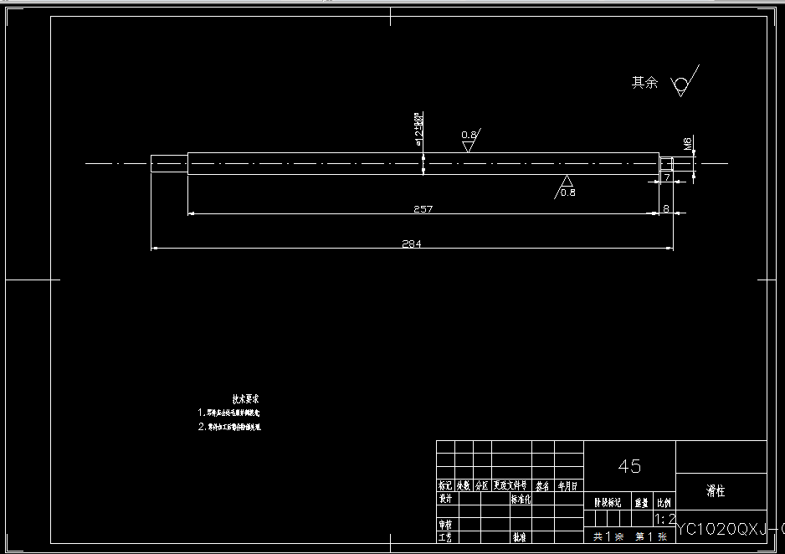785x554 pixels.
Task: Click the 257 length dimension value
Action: click(x=423, y=209)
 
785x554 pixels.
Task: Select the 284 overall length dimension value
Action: click(x=412, y=244)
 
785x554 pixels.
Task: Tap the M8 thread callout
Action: click(x=688, y=144)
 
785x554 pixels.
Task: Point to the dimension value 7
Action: click(x=667, y=178)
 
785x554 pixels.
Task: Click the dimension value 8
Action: click(x=666, y=208)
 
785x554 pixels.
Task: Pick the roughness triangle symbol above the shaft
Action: click(x=469, y=144)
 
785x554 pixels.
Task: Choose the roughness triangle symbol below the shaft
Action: click(x=567, y=182)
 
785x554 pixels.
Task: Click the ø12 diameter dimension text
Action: click(x=419, y=128)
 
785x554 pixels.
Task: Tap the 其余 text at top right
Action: click(x=644, y=83)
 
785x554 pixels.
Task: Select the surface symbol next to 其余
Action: click(x=681, y=83)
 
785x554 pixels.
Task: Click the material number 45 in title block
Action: click(x=629, y=466)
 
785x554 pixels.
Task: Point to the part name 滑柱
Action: click(x=716, y=491)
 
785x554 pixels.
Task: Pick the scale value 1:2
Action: click(x=666, y=519)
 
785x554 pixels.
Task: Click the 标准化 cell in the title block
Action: click(x=523, y=499)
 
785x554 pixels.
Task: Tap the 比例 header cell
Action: click(x=664, y=503)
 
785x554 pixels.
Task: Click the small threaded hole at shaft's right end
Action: click(x=666, y=163)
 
